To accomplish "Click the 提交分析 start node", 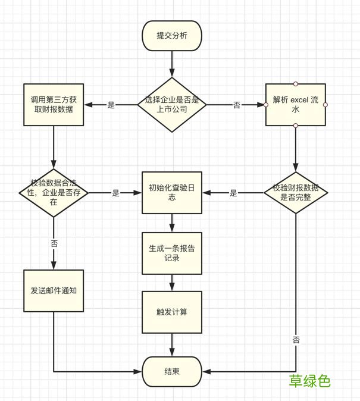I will (172, 36).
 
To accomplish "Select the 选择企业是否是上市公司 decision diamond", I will (172, 105).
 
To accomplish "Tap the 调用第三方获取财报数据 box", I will (54, 105).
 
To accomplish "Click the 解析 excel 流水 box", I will (295, 105).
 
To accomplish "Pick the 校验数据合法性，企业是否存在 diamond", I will (54, 193).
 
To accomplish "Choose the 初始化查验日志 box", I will (172, 193).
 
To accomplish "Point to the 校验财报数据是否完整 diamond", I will (295, 193).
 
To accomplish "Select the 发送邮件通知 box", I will (54, 291).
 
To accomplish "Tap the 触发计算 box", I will (172, 312).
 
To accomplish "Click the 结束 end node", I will (172, 371).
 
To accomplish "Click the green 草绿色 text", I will (310, 381).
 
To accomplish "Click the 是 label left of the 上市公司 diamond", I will (111, 105).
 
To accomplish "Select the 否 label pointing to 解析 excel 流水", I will (237, 105).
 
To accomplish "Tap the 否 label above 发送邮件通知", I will (54, 243).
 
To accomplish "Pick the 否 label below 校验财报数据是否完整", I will (296, 340).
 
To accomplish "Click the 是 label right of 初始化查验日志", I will (233, 193).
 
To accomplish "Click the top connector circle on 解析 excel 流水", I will (295, 84).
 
